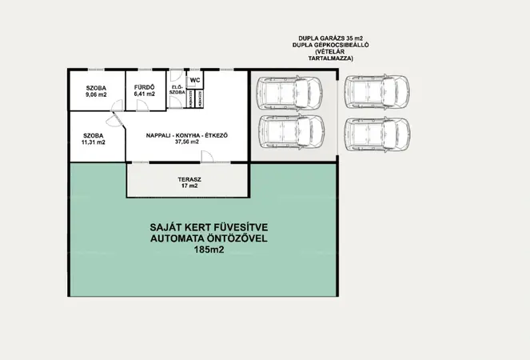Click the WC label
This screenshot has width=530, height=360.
[x=195, y=81]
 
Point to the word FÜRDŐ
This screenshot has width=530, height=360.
[x=145, y=86]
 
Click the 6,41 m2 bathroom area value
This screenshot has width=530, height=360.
[x=145, y=94]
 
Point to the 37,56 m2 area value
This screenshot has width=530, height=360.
[x=188, y=144]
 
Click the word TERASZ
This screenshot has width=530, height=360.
[x=188, y=178]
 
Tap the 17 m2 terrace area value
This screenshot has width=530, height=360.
[x=188, y=186]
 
